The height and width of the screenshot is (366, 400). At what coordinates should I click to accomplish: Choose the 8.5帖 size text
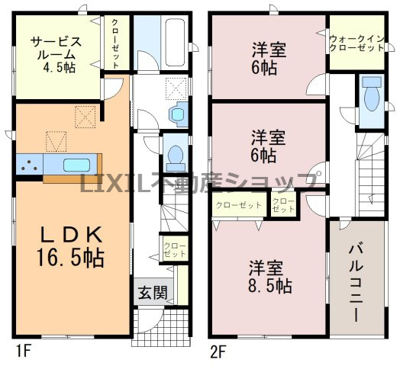270,287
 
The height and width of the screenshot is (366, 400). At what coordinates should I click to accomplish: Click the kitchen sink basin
76,165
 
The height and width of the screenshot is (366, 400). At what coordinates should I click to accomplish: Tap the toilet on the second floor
373,97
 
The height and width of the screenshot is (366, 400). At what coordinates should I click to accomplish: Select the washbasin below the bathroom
178,114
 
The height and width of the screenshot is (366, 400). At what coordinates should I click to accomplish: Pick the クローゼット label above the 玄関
171,247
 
